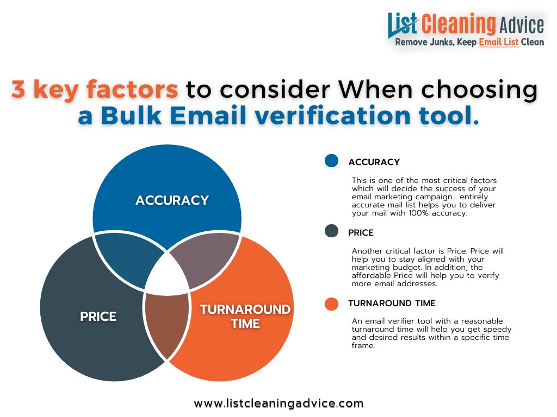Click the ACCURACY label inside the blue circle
[172, 200]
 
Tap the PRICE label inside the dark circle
[98, 316]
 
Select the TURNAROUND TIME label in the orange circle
[245, 316]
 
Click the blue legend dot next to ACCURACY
[331, 161]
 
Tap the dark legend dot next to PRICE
[331, 231]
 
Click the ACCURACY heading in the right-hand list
[374, 162]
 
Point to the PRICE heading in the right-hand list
[361, 232]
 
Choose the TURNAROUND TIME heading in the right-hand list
[392, 303]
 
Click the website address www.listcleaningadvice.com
[278, 403]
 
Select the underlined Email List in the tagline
[499, 42]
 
